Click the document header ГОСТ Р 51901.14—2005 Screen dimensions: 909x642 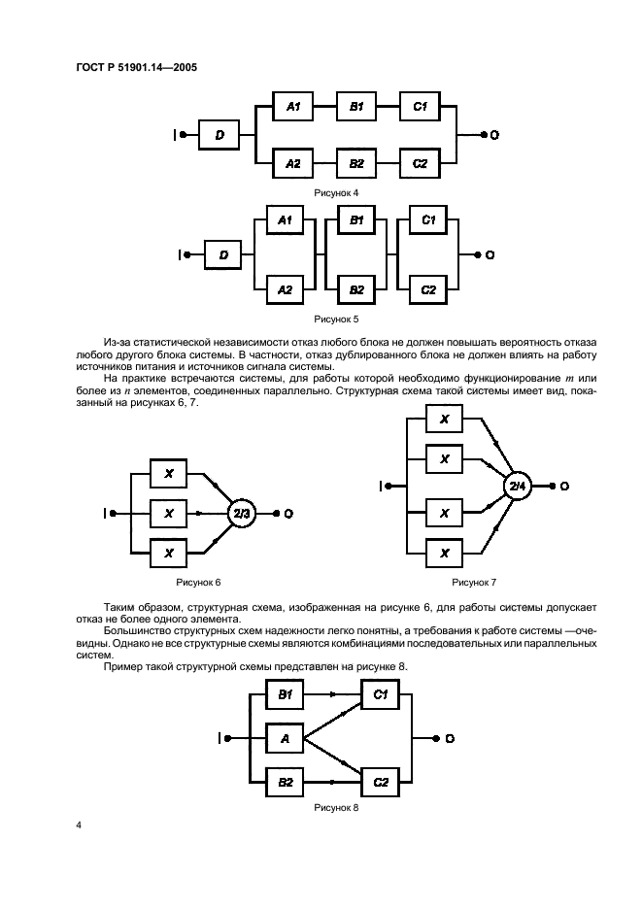pyautogui.click(x=139, y=68)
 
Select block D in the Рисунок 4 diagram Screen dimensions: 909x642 pyautogui.click(x=220, y=136)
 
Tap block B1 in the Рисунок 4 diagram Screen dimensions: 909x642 pyautogui.click(x=355, y=107)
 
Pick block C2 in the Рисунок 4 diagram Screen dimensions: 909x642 pyautogui.click(x=420, y=163)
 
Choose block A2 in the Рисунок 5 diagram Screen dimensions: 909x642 pyautogui.click(x=285, y=288)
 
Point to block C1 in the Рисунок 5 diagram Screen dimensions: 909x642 pyautogui.click(x=428, y=222)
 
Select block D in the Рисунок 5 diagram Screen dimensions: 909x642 pyautogui.click(x=223, y=255)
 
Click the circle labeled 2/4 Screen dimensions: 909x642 pyautogui.click(x=518, y=485)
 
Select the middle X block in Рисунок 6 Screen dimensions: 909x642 pyautogui.click(x=169, y=512)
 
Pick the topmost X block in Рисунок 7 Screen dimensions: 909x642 pyautogui.click(x=445, y=419)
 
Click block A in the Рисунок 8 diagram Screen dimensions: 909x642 pyautogui.click(x=285, y=739)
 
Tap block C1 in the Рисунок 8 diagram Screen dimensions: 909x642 pyautogui.click(x=381, y=694)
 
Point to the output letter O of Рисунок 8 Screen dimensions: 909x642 pyautogui.click(x=451, y=739)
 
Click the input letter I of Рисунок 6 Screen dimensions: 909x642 pyautogui.click(x=106, y=512)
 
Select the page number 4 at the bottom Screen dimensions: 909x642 pyautogui.click(x=78, y=825)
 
